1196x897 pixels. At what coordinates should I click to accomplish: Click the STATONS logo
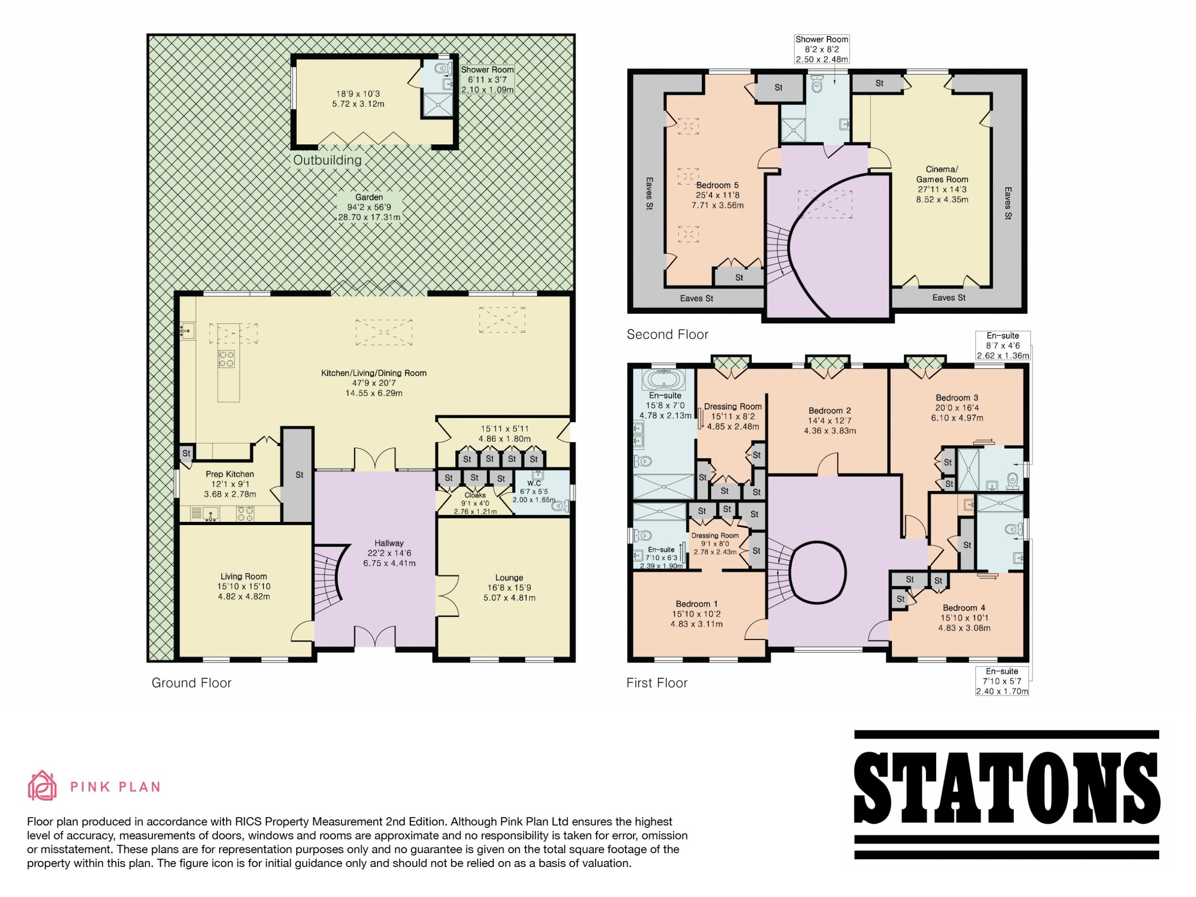tap(1006, 794)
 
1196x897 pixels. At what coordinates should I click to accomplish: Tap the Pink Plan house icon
tap(42, 786)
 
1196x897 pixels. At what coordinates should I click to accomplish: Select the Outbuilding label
tap(327, 160)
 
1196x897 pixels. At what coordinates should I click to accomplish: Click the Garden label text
tap(369, 197)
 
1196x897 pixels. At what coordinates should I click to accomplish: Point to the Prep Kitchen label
tap(230, 474)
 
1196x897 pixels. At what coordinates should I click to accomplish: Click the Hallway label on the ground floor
tap(389, 543)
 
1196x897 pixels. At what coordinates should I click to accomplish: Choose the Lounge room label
tap(509, 577)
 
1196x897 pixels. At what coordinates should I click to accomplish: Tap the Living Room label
tap(243, 577)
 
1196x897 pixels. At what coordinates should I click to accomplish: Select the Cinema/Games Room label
tap(942, 174)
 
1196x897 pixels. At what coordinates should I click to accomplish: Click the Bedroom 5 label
tap(718, 185)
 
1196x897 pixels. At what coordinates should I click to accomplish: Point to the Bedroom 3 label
tap(957, 398)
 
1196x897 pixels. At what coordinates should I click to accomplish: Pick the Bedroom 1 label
tap(697, 604)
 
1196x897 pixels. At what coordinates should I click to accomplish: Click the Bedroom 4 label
tap(964, 608)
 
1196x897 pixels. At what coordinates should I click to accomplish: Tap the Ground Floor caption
tap(192, 683)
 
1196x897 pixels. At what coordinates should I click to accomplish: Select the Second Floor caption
tap(667, 335)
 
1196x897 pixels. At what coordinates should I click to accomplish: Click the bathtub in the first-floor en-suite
tap(663, 379)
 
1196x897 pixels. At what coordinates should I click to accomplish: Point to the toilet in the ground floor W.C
tap(561, 506)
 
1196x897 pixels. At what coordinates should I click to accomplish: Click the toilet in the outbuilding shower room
tap(442, 68)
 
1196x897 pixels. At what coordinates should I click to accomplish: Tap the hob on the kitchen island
tap(227, 359)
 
